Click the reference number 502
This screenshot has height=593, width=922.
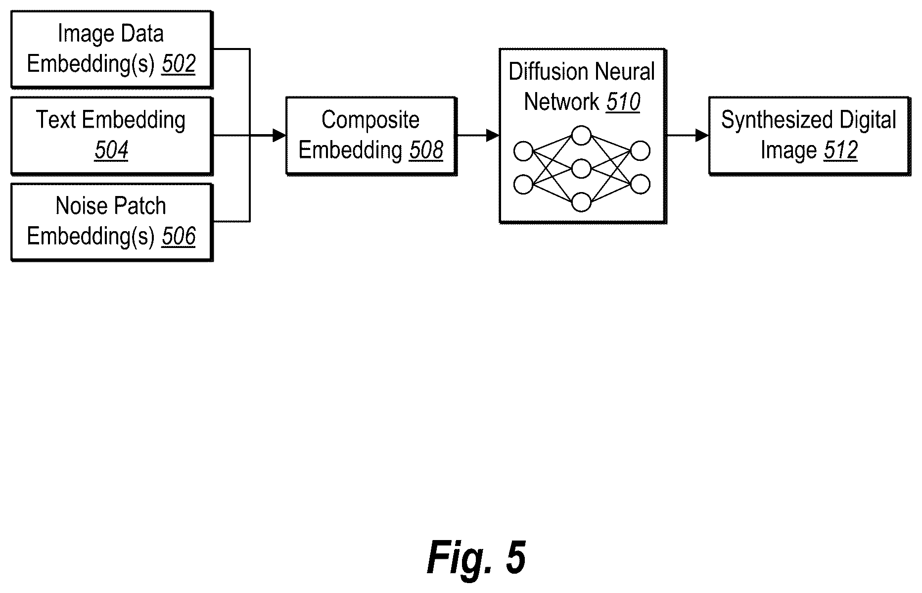tap(179, 64)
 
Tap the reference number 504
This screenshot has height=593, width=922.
tap(112, 150)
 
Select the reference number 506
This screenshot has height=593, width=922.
tap(179, 236)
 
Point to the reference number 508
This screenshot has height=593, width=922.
tap(426, 150)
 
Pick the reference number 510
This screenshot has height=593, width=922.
tap(623, 102)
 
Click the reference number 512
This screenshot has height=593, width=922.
tap(840, 150)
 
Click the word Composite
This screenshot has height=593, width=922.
tap(370, 120)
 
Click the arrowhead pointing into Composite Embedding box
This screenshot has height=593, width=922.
tap(279, 135)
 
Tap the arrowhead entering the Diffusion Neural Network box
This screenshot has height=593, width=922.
tap(493, 135)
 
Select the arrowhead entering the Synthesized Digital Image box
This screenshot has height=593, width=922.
tap(702, 135)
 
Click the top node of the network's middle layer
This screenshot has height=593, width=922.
tap(581, 136)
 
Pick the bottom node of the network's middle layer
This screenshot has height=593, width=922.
tap(581, 202)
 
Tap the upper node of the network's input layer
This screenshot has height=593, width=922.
tap(523, 151)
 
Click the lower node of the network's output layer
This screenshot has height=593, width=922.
tap(640, 184)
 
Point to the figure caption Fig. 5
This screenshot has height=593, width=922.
tap(476, 557)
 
